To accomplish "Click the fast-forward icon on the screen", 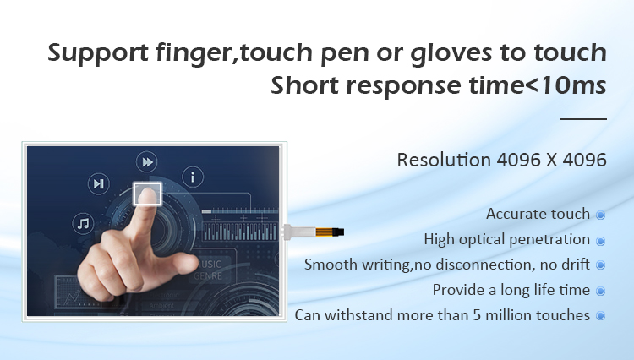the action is (x=147, y=162).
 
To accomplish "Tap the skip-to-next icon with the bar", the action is (x=99, y=184).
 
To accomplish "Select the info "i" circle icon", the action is (x=193, y=177).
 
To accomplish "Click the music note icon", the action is (x=84, y=223).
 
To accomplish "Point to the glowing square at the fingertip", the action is (x=147, y=194).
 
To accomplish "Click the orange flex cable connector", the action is (x=326, y=232).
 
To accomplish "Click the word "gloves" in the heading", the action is (x=451, y=54).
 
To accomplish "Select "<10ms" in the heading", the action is (x=566, y=85).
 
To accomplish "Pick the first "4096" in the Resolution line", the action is (x=519, y=160).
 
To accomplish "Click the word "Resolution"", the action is (x=444, y=160).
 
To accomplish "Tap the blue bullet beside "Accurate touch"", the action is (x=601, y=215).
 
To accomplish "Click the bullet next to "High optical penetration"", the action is (x=601, y=241).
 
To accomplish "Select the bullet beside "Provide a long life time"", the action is (x=601, y=291).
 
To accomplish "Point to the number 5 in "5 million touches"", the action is (x=477, y=315).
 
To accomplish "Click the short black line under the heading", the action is (x=583, y=119).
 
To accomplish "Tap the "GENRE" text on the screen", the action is (x=208, y=276).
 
